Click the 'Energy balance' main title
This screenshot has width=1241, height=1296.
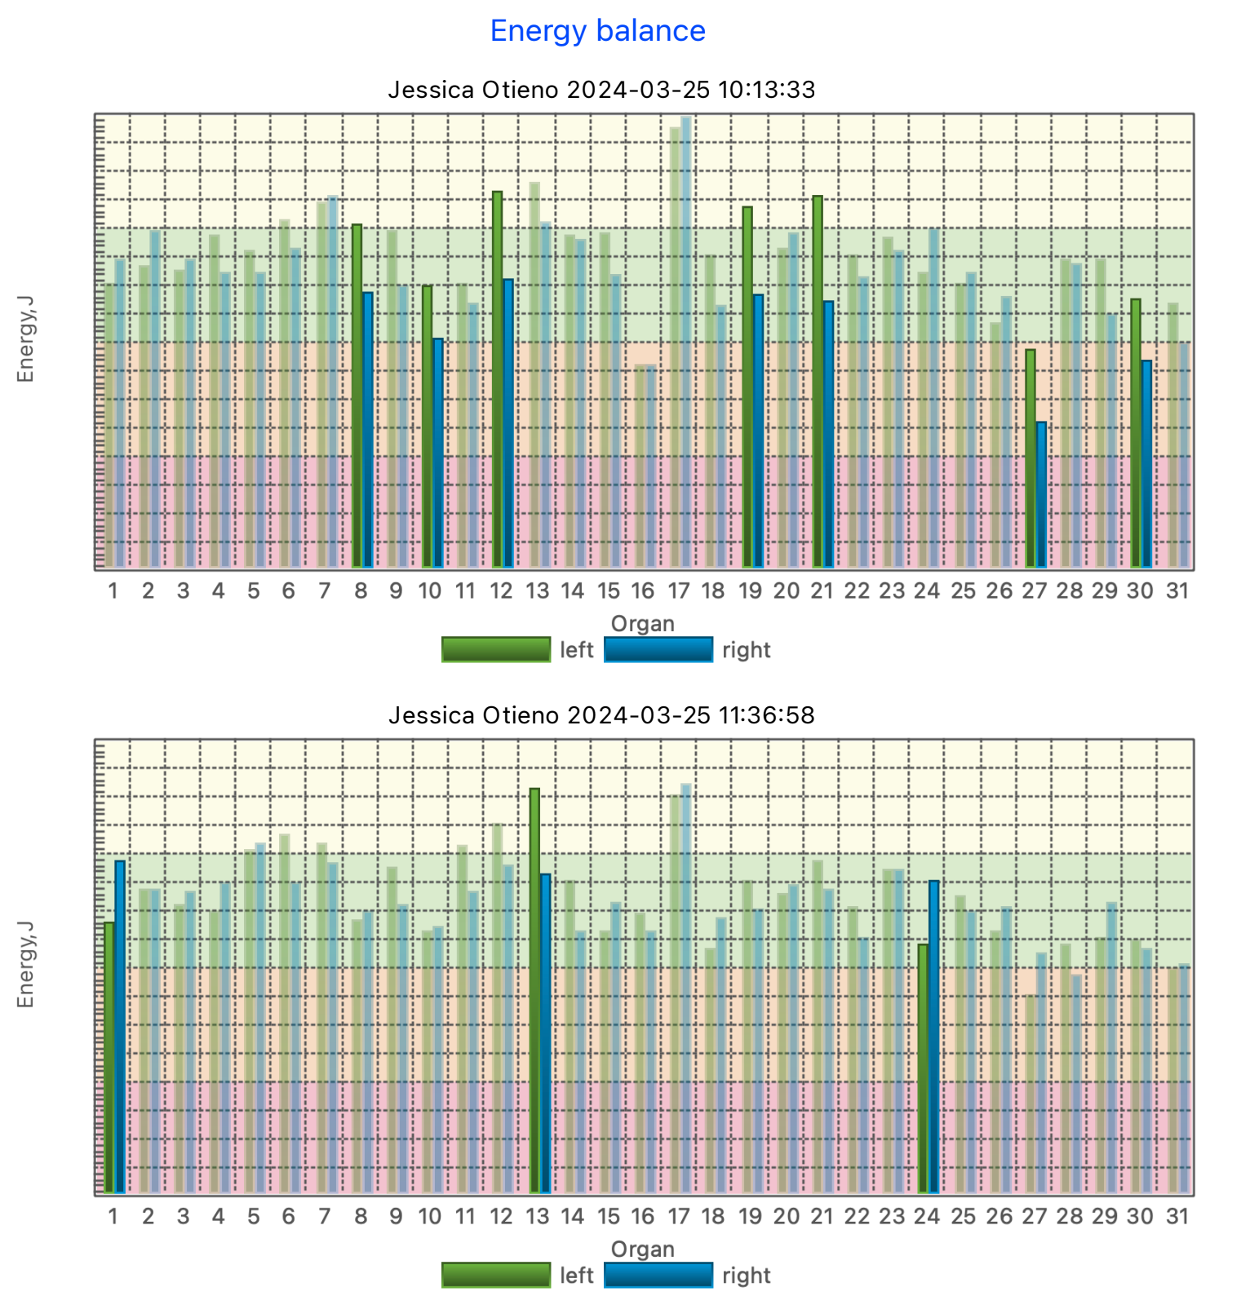click(x=597, y=31)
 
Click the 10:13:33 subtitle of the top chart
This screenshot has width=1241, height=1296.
click(x=601, y=89)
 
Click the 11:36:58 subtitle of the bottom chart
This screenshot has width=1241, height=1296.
click(x=601, y=715)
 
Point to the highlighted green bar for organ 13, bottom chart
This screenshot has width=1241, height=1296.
click(x=534, y=990)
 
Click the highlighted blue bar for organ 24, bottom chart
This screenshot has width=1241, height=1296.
click(x=934, y=1036)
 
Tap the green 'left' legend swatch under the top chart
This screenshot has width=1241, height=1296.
click(x=496, y=650)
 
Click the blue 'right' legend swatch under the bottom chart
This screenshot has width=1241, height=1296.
click(x=658, y=1276)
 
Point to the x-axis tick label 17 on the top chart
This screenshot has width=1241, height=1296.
click(x=678, y=591)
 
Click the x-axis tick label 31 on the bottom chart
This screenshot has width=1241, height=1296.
click(x=1177, y=1217)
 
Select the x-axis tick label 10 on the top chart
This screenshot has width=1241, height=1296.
click(x=430, y=591)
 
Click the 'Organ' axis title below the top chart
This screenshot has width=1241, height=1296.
click(x=642, y=624)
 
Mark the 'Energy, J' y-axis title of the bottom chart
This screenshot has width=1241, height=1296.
click(x=25, y=965)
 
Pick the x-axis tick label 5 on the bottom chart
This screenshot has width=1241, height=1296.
click(x=254, y=1217)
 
